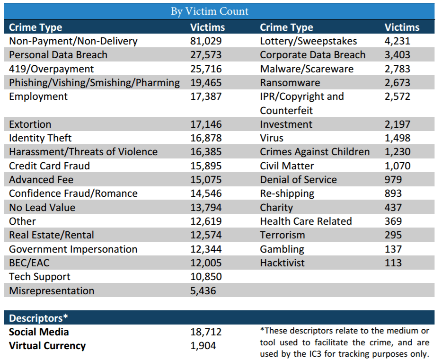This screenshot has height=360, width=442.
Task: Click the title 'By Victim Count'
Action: (x=210, y=11)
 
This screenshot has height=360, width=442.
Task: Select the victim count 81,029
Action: (x=206, y=41)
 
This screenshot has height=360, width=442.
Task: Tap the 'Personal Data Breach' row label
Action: (x=58, y=55)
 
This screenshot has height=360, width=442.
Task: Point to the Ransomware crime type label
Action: (x=290, y=82)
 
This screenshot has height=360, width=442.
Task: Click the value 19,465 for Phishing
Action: (x=206, y=82)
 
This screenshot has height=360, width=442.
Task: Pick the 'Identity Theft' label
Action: (x=40, y=138)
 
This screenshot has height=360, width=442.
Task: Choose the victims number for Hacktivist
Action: (x=393, y=263)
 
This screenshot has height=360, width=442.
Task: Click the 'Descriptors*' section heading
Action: (x=38, y=318)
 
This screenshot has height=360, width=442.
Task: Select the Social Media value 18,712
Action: (x=206, y=332)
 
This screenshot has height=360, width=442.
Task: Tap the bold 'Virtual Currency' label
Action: (x=47, y=346)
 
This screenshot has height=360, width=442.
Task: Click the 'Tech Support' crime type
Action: (x=39, y=277)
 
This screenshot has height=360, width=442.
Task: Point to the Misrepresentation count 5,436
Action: (x=203, y=291)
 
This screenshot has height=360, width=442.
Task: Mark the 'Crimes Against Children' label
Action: (x=315, y=152)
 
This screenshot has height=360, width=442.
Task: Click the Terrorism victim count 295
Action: (x=393, y=235)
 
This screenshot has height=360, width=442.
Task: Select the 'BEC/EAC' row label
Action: (x=29, y=263)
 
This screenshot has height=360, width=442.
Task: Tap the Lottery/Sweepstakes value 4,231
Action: (x=397, y=41)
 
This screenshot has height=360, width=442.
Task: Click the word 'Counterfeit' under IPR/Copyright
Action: (x=286, y=110)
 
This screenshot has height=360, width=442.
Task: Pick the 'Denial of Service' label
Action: (x=298, y=180)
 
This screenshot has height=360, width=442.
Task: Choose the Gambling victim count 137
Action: (x=393, y=249)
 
